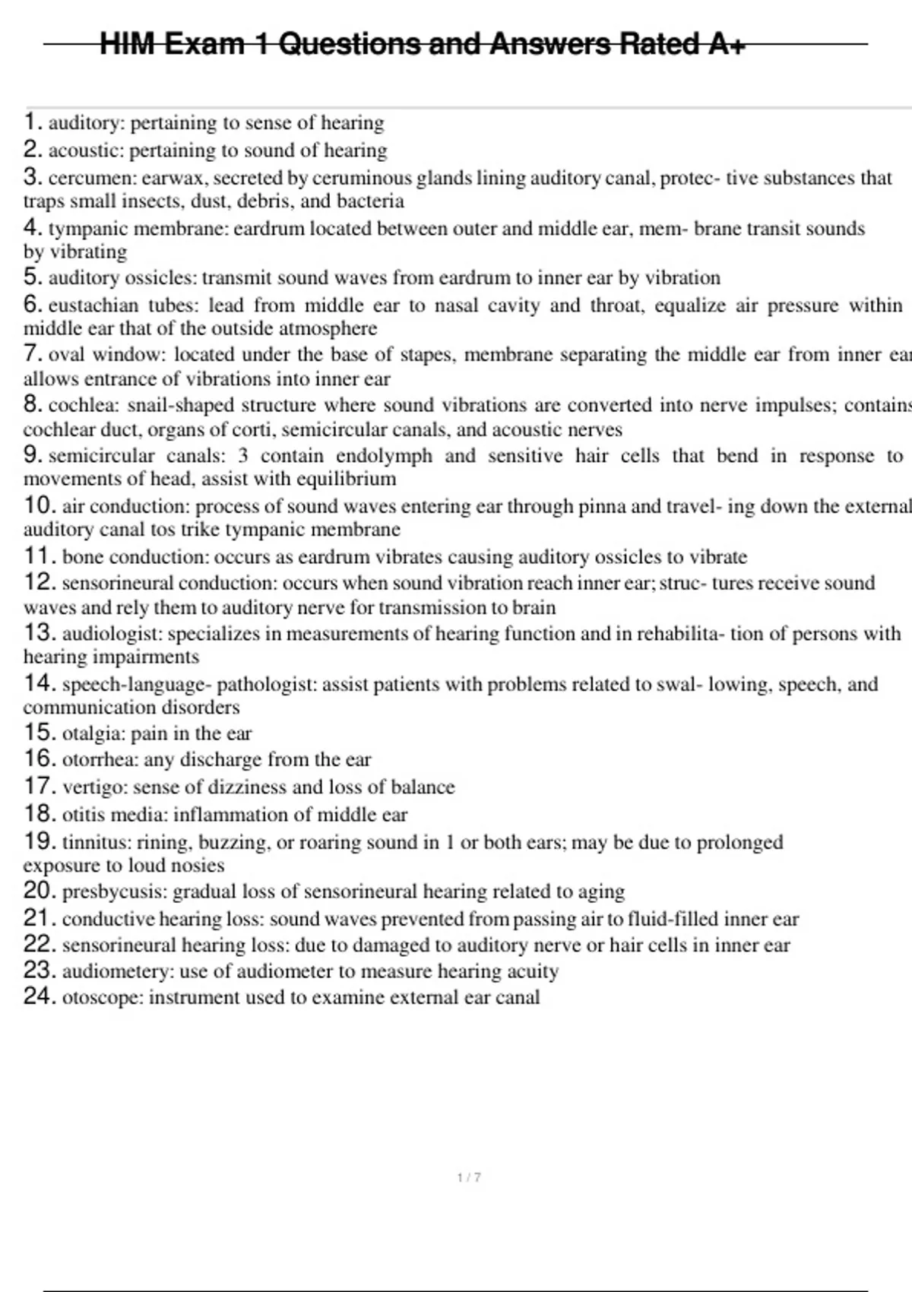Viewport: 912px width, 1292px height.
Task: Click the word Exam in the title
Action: pos(204,44)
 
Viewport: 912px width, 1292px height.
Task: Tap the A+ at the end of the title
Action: pos(726,44)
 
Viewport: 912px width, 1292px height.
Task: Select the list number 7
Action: pos(31,354)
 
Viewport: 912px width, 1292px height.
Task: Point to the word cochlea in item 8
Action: pos(82,405)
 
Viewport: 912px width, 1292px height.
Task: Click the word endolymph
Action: pos(384,456)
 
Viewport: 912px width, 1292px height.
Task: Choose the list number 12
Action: pos(39,583)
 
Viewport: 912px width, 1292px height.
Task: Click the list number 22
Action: pos(39,945)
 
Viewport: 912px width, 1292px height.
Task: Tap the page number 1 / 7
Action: pos(469,1177)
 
